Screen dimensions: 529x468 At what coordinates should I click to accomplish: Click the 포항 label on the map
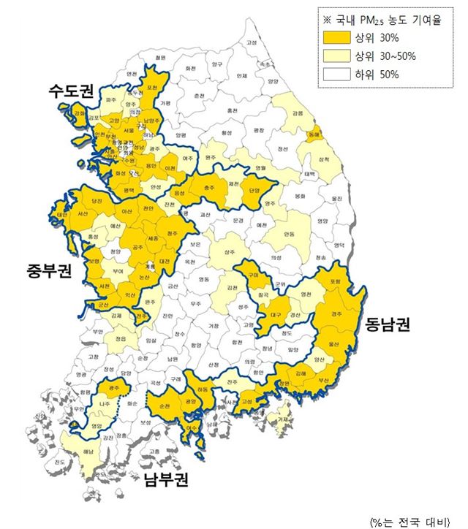click(x=336, y=282)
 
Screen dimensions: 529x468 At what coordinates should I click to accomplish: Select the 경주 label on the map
click(x=336, y=313)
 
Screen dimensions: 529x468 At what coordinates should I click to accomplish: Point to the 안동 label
click(x=290, y=235)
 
